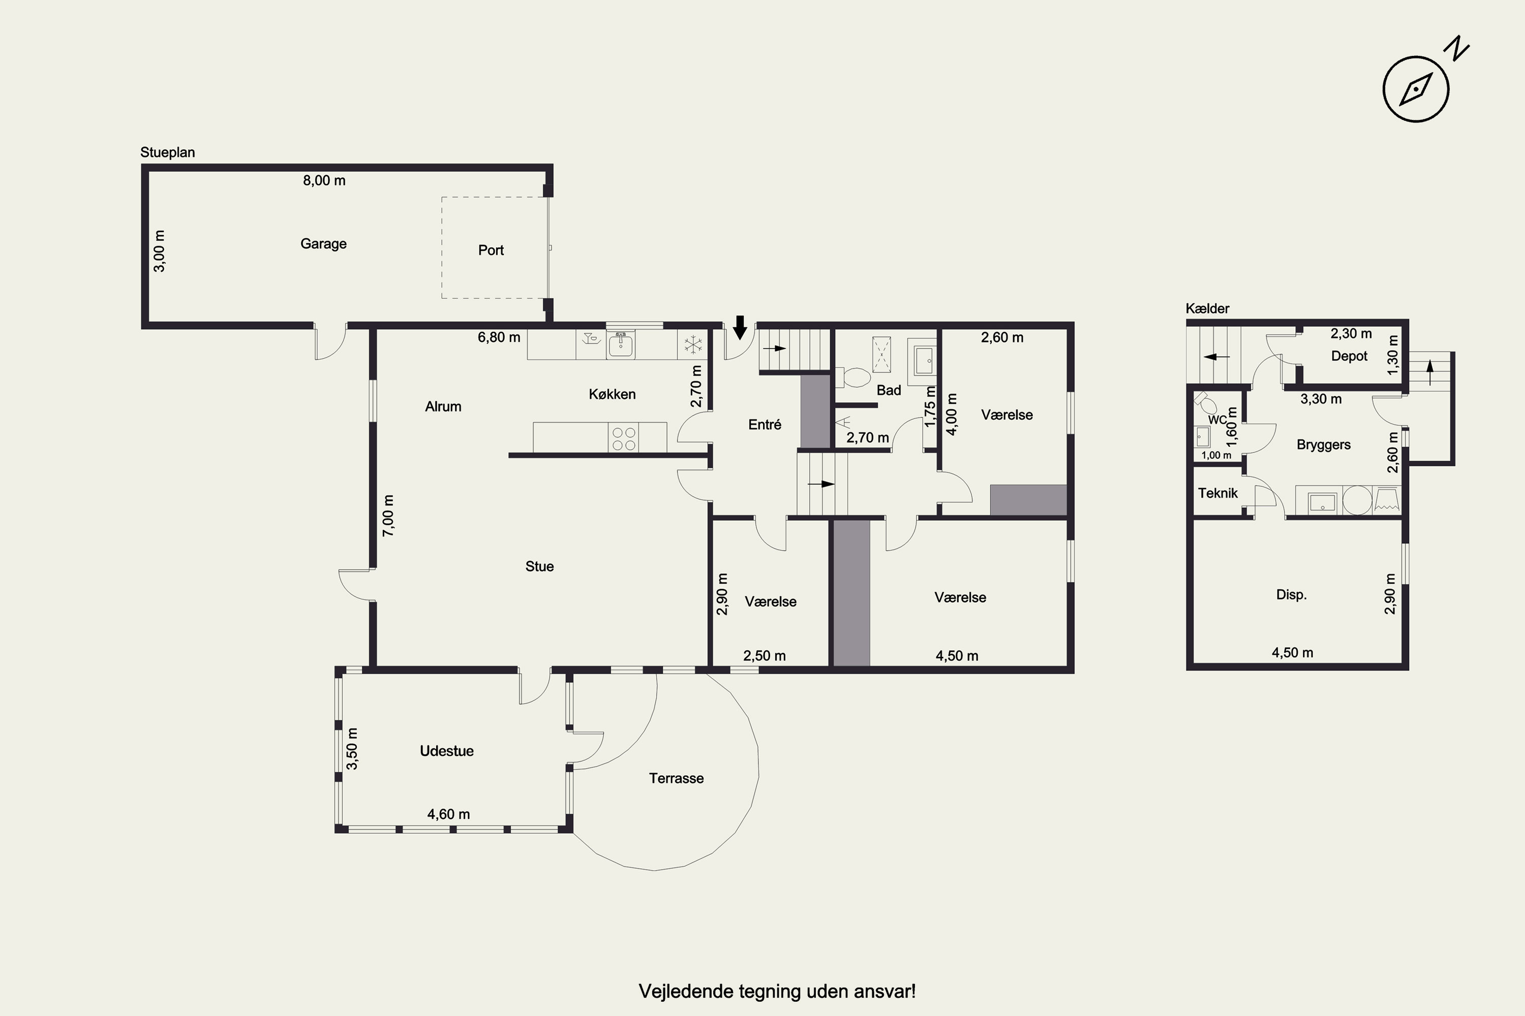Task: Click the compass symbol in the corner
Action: point(1416,89)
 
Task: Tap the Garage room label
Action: point(323,244)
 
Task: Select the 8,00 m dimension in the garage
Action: point(324,180)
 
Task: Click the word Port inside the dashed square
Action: point(491,250)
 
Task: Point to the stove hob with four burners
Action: point(624,437)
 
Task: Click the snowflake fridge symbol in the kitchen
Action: point(693,345)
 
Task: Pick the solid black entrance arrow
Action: point(740,327)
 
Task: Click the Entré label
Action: point(765,424)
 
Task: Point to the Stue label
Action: point(539,566)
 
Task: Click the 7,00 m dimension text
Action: point(388,515)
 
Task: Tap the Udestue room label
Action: point(447,751)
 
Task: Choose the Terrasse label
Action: point(676,778)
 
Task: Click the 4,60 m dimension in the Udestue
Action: point(449,814)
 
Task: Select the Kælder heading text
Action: point(1207,308)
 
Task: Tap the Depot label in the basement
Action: point(1349,356)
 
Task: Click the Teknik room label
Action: point(1217,493)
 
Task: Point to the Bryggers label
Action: point(1323,444)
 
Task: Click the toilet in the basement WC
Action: point(1206,404)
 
